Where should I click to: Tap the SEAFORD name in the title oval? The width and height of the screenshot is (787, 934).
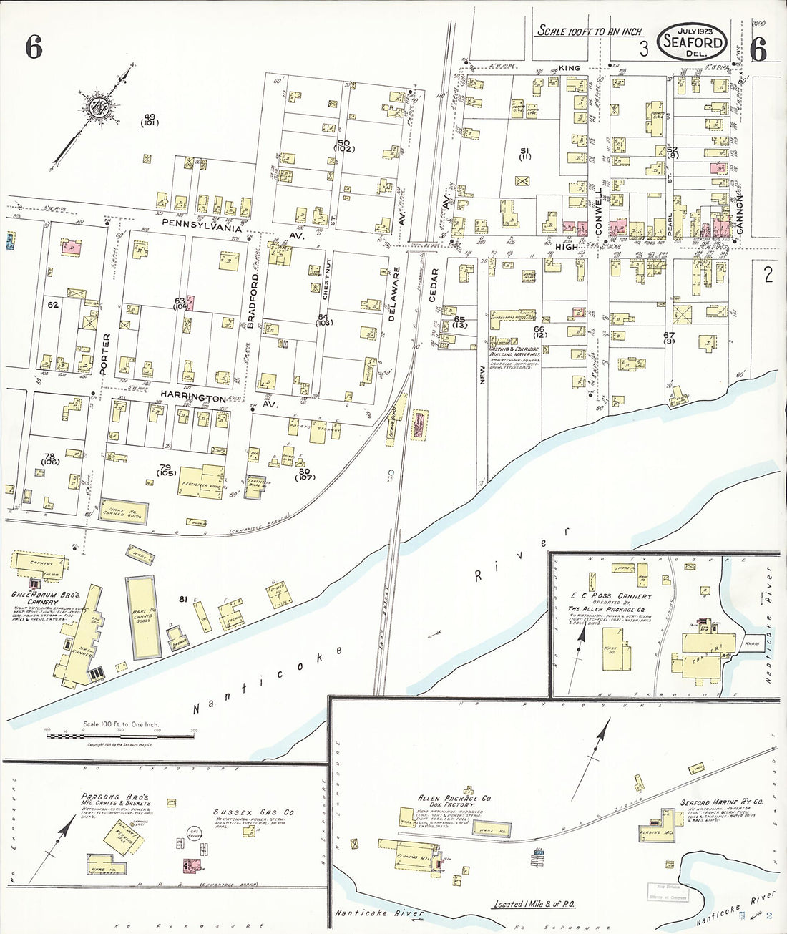coord(692,42)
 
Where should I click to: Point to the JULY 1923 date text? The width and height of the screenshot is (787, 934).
coord(693,30)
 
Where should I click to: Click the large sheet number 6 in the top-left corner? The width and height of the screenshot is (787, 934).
coord(34,48)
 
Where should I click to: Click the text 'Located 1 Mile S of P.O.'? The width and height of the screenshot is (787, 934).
coord(534,904)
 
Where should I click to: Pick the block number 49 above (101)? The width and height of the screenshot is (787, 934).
coord(149,117)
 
